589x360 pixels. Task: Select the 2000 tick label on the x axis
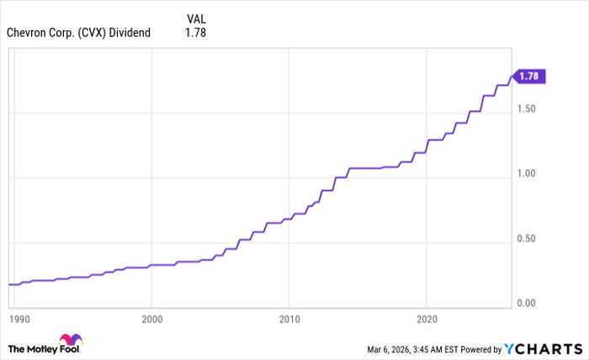(x=151, y=320)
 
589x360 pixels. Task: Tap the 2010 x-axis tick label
(x=289, y=320)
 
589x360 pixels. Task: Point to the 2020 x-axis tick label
(x=427, y=320)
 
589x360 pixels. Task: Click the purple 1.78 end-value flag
(x=529, y=77)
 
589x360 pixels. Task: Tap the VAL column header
(x=195, y=17)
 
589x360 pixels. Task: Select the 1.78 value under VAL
(x=195, y=33)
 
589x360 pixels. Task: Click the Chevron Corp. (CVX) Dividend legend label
(x=78, y=33)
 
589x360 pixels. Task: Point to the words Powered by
(x=478, y=348)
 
